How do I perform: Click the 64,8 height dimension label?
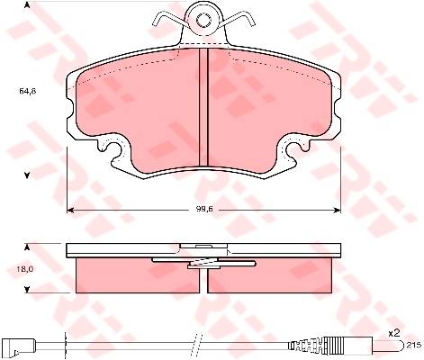coord(28,91)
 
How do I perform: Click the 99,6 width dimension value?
coord(204,210)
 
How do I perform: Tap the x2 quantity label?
coord(394,332)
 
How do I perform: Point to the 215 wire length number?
coord(414,346)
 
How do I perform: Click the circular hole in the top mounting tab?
coord(204,21)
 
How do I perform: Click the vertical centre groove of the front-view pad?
coord(204,107)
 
